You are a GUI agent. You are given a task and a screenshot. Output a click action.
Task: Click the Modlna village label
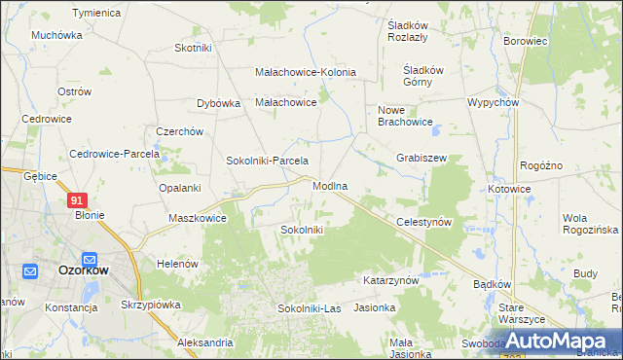(330, 186)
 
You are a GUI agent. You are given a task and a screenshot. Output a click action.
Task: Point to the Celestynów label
(424, 222)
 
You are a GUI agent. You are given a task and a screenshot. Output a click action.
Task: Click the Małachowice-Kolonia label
(305, 72)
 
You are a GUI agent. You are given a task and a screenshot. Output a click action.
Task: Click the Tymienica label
(96, 13)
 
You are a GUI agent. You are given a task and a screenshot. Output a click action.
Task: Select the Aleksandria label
(204, 342)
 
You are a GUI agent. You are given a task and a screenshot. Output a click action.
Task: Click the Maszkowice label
(198, 218)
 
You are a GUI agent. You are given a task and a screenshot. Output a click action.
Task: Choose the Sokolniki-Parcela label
(267, 161)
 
